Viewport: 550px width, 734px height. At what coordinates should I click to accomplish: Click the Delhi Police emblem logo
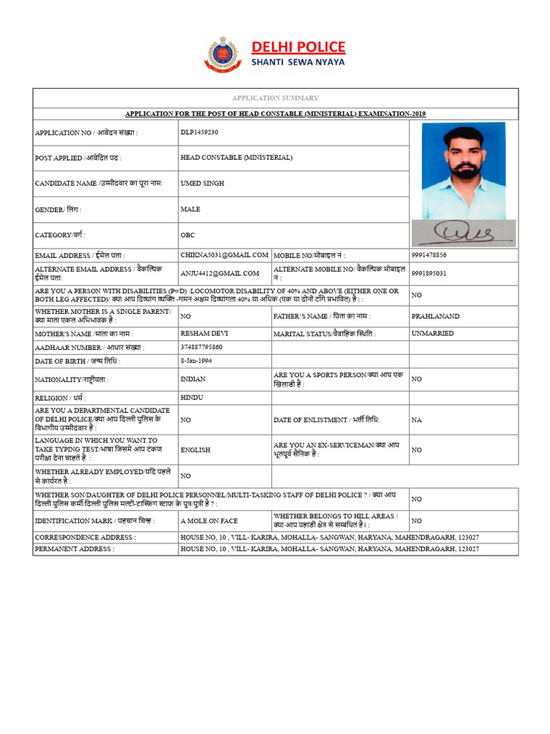pos(223,54)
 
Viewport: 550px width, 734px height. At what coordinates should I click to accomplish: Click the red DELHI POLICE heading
pos(298,47)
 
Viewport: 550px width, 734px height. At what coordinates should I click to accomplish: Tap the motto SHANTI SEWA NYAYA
pos(297,62)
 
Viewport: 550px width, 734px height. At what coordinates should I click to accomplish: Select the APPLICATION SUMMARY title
pos(275,97)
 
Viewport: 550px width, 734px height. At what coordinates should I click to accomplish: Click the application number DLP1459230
pos(200,133)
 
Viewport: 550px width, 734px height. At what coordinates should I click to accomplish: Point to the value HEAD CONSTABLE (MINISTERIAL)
pos(236,158)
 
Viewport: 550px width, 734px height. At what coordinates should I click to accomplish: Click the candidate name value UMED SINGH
pos(203,183)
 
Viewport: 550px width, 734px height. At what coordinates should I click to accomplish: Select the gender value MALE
pos(190,209)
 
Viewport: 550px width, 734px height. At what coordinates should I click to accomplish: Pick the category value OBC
pos(188,235)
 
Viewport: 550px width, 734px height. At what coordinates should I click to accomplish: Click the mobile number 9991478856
pos(430,255)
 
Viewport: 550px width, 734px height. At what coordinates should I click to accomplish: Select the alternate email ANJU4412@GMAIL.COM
pos(220,273)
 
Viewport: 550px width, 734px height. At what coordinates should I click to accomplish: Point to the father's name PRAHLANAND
pos(435,316)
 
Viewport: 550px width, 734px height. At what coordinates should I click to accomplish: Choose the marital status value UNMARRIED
pos(433,334)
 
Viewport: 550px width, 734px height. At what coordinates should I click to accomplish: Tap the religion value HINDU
pos(192,397)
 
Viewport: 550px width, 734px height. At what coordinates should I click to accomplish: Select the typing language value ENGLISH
pos(196,449)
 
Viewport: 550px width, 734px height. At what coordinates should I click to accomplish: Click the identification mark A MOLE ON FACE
pos(209,521)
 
